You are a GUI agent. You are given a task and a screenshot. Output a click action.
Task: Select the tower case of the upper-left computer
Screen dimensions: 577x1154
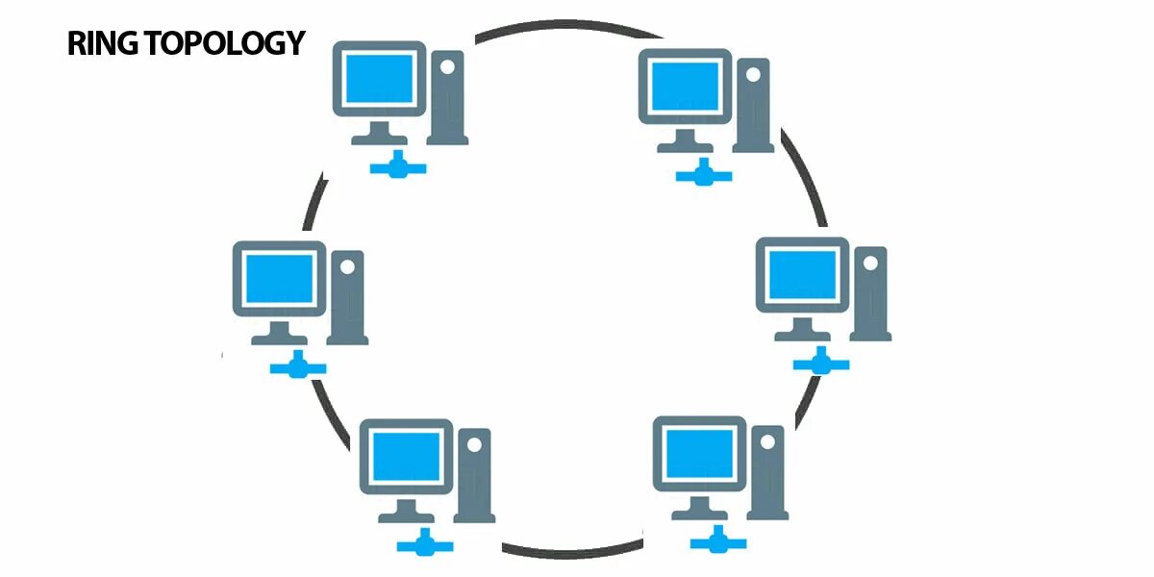click(x=447, y=97)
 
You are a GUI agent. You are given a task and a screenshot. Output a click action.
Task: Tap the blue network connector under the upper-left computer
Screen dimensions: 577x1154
click(x=398, y=168)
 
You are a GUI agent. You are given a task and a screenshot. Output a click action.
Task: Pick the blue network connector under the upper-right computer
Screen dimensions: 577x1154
click(x=704, y=175)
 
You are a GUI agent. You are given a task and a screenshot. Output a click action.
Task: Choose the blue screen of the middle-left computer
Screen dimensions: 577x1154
click(x=279, y=278)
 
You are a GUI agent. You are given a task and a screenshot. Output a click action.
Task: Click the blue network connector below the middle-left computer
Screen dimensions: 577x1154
click(x=298, y=366)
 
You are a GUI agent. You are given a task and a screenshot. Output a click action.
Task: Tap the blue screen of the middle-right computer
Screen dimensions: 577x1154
click(x=802, y=273)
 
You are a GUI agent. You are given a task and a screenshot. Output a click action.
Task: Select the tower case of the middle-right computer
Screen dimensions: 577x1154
click(x=870, y=292)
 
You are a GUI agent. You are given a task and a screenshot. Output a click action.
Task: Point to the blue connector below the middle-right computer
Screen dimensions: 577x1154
click(x=821, y=364)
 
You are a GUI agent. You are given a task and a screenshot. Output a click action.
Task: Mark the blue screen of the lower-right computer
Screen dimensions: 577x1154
click(x=699, y=453)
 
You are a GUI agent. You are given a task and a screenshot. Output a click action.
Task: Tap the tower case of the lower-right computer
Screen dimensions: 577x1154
click(x=767, y=472)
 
